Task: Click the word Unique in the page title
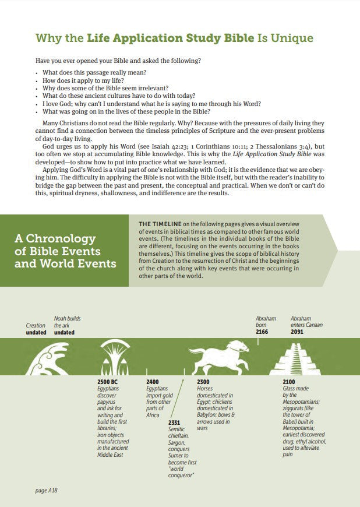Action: tap(294, 39)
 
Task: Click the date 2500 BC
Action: tap(108, 382)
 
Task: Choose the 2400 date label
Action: tap(152, 382)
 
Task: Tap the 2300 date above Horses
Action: tap(203, 382)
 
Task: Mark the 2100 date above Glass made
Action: tap(289, 382)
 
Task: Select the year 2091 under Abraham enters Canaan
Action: tap(298, 332)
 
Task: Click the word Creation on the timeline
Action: tap(36, 325)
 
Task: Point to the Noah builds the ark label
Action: tap(67, 322)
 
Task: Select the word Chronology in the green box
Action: tap(55, 239)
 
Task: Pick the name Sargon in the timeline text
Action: tap(177, 442)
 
